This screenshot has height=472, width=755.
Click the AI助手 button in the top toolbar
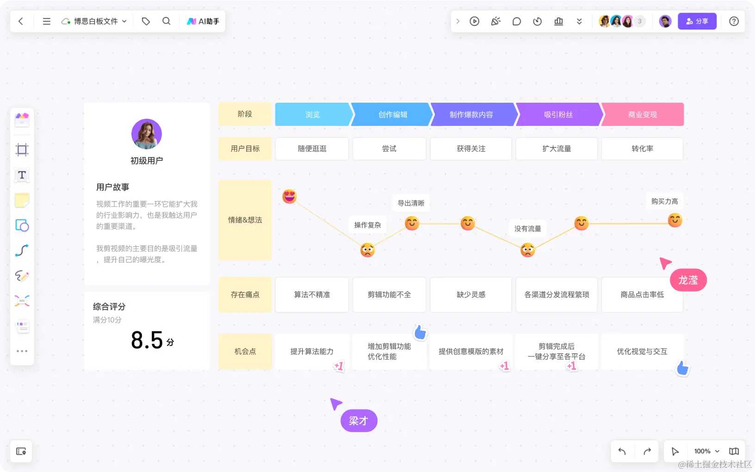203,21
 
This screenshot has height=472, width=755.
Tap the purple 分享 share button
697,21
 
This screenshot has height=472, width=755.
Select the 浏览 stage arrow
313,114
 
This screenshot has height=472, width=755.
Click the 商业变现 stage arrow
643,114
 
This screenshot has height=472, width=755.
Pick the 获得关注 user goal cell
471,149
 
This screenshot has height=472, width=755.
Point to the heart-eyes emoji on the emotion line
290,196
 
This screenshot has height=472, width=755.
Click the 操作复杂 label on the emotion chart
367,225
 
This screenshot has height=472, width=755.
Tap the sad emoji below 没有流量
527,250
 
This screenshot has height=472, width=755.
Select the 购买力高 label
664,201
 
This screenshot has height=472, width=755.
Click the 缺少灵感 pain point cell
471,295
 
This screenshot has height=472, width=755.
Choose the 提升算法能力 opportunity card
312,352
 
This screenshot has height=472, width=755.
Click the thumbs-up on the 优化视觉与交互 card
682,368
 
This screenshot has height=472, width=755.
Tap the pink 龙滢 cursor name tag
688,280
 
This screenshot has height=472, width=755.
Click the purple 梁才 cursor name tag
359,421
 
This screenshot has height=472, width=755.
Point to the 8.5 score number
147,341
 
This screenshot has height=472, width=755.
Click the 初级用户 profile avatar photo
147,134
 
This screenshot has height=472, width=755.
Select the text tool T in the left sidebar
22,175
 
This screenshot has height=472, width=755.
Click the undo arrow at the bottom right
622,451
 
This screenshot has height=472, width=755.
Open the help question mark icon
734,21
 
